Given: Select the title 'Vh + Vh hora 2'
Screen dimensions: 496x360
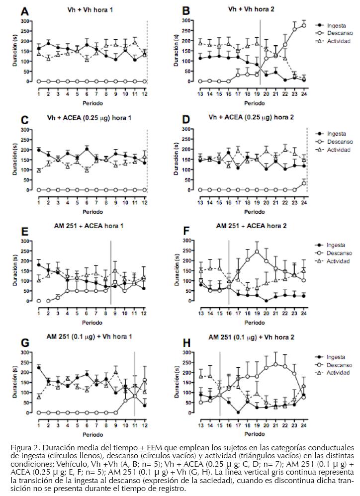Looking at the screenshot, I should click(249, 9).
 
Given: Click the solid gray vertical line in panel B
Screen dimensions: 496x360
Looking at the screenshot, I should click(260, 50).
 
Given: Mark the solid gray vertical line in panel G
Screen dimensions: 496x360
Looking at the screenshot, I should click(135, 383).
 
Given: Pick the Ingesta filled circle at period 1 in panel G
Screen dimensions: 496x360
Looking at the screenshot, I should click(39, 367).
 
